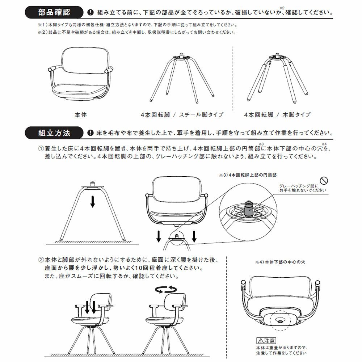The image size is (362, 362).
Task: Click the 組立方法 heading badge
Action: pyautogui.click(x=54, y=133)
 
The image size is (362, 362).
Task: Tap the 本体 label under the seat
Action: pyautogui.click(x=80, y=115)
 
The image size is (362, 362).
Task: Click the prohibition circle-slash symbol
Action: pyautogui.click(x=324, y=181)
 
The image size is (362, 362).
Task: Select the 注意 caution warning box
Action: pyautogui.click(x=266, y=341)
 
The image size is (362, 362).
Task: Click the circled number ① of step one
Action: pyautogui.click(x=41, y=149)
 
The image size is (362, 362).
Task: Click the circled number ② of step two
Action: pyautogui.click(x=41, y=260)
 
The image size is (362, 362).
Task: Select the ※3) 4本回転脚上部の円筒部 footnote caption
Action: pyautogui.click(x=248, y=174)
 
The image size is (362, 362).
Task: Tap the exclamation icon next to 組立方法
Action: pyautogui.click(x=90, y=133)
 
